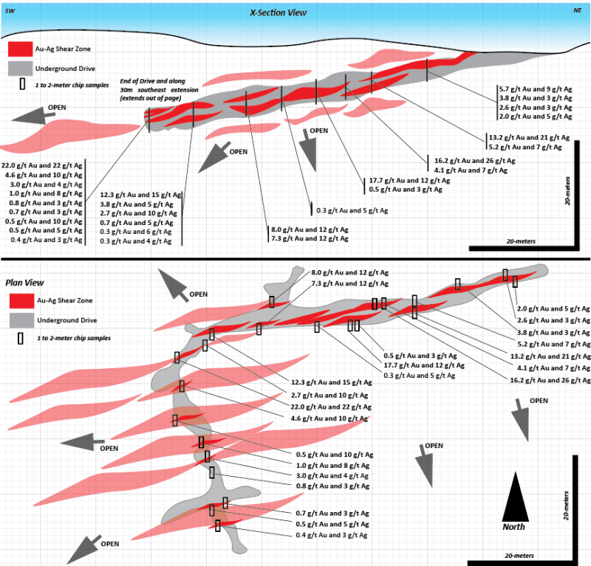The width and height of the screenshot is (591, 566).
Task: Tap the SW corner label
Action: coord(10,11)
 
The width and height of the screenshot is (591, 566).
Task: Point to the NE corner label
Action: coord(577,11)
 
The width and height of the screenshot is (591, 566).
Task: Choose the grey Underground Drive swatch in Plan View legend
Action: coord(19,320)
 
